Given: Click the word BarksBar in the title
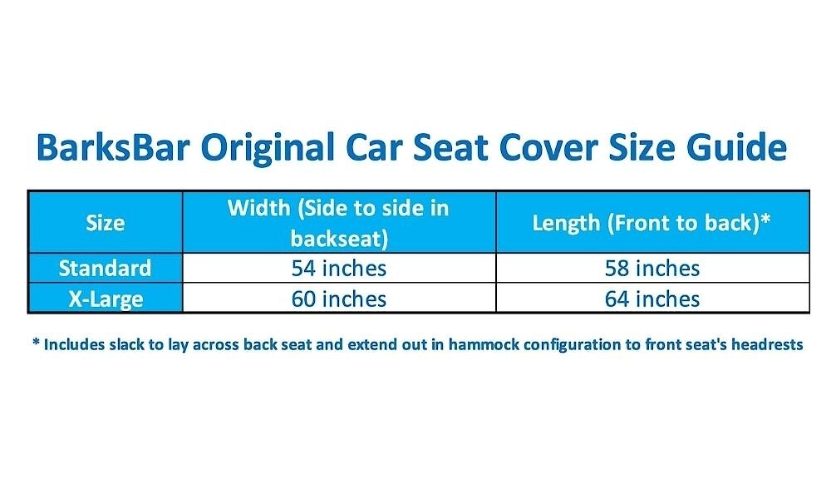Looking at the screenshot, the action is pos(113,147).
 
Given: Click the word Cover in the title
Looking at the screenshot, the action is pos(548,147).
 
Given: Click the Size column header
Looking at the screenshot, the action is pos(106,223).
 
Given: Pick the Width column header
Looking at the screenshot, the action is pos(339,223).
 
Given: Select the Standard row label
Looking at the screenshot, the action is pos(105,269).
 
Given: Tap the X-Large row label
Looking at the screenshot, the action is pos(106,299).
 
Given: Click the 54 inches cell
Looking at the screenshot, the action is pos(339,269).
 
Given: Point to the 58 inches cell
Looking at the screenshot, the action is pos(652,269).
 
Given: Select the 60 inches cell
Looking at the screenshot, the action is pos(339,299).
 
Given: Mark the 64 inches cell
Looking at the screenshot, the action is pos(652,299).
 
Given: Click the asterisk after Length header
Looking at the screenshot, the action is pos(765,220).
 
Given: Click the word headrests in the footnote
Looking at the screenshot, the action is pos(767,344).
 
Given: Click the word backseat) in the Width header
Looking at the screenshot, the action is pos(339,239).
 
